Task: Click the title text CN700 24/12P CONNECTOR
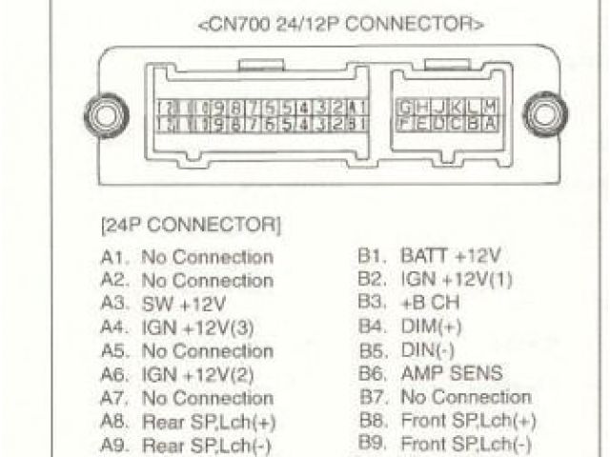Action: pyautogui.click(x=340, y=24)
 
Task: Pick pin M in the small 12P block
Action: pyautogui.click(x=490, y=107)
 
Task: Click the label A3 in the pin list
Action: pyautogui.click(x=114, y=305)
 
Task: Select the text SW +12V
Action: pyautogui.click(x=184, y=305)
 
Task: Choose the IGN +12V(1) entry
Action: pyautogui.click(x=457, y=280)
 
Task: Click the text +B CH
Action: pyautogui.click(x=430, y=304)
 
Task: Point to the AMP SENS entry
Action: pyautogui.click(x=451, y=374)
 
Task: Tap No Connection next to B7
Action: pyautogui.click(x=466, y=397)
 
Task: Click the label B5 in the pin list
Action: pyautogui.click(x=371, y=350)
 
